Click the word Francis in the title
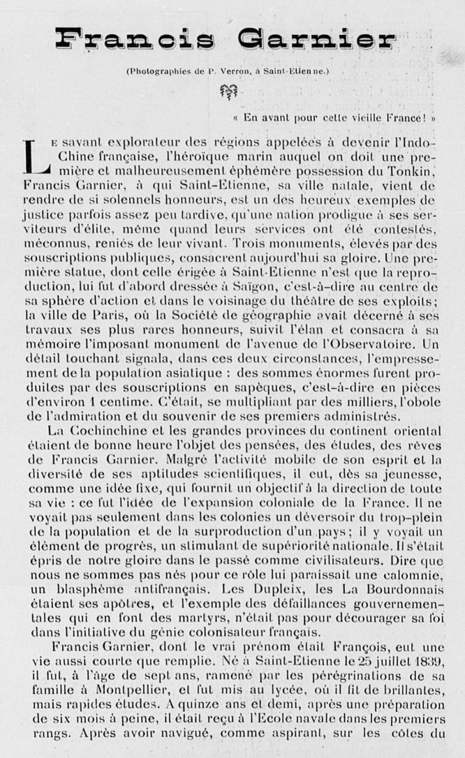135,39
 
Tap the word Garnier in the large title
316,39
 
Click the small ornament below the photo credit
228,91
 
